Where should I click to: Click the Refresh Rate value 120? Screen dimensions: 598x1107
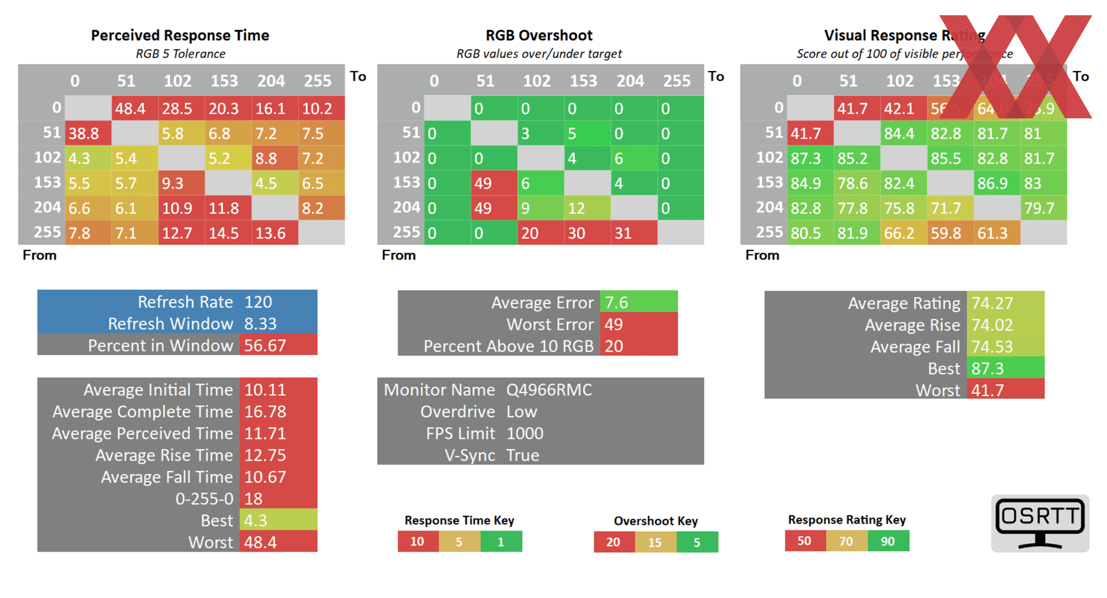pyautogui.click(x=258, y=302)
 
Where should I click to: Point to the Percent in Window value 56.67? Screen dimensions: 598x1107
pyautogui.click(x=265, y=345)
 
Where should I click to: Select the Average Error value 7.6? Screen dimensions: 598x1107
pyautogui.click(x=616, y=302)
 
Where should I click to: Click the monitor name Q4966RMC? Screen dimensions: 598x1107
pyautogui.click(x=549, y=390)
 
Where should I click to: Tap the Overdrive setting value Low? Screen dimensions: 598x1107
pyautogui.click(x=522, y=412)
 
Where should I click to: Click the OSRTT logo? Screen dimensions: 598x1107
pyautogui.click(x=1040, y=523)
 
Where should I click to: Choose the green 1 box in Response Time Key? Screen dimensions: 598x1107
pyautogui.click(x=501, y=542)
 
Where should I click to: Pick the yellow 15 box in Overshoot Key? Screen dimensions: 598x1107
pyautogui.click(x=656, y=543)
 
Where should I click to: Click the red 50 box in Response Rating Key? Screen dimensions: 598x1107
pyautogui.click(x=805, y=541)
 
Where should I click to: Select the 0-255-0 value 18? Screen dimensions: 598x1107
pyautogui.click(x=254, y=499)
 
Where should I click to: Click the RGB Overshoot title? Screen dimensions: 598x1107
pyautogui.click(x=539, y=35)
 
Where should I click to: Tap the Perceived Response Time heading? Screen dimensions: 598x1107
pyautogui.click(x=180, y=35)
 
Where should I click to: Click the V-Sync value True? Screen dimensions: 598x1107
pyautogui.click(x=522, y=455)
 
